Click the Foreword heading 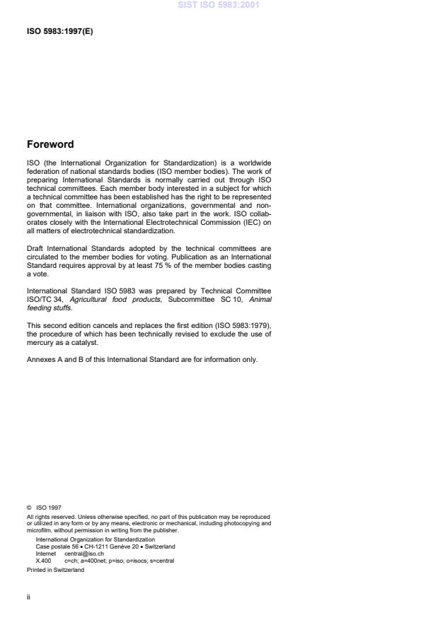coord(50,144)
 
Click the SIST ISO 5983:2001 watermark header coord(219,5)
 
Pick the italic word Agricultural coord(91,299)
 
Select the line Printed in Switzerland coord(55,570)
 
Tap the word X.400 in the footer coord(44,561)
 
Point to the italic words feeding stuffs coord(50,307)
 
